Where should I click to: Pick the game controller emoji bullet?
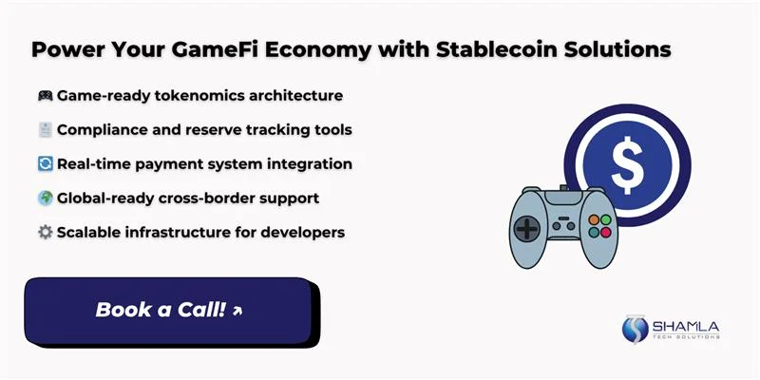pos(44,96)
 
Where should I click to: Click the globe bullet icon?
pos(44,198)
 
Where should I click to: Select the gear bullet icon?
pos(44,232)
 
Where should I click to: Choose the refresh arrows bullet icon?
pos(44,163)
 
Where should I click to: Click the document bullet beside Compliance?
pos(44,130)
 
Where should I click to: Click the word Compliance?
pos(100,129)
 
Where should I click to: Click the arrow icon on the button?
pos(237,311)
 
